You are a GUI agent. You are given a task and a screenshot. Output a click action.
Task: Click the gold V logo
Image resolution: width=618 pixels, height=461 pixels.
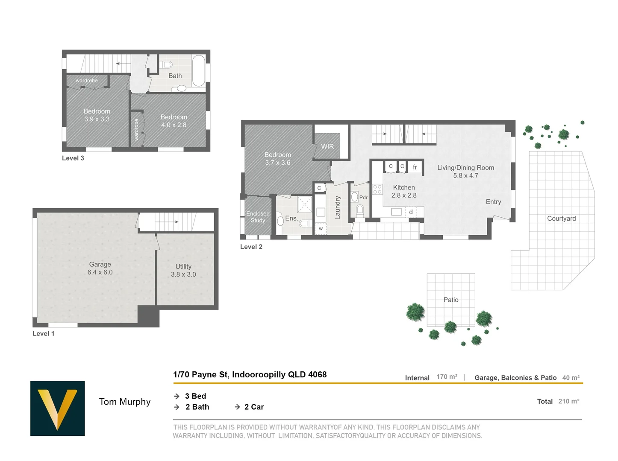(x=57, y=408)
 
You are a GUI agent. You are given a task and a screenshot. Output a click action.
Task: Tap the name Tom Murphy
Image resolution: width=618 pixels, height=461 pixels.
(x=125, y=402)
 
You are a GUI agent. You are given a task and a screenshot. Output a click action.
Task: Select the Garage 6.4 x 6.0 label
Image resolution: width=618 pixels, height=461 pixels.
(x=100, y=268)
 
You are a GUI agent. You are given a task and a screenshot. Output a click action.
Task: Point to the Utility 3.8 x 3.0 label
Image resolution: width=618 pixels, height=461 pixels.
(x=183, y=271)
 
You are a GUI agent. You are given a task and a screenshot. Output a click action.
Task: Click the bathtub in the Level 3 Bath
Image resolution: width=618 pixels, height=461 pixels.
(x=199, y=70)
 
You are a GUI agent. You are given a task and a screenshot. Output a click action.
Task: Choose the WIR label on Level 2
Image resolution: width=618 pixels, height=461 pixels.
(x=327, y=146)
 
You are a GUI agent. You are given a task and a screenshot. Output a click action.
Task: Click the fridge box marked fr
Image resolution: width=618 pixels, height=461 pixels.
(x=415, y=167)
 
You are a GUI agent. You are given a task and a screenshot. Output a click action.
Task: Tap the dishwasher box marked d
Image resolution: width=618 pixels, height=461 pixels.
(x=411, y=212)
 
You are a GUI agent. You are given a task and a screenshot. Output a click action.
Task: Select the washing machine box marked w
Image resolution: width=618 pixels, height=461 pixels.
(x=321, y=228)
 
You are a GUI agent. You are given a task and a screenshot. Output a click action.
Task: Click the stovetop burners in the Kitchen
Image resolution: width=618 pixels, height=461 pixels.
(x=377, y=190)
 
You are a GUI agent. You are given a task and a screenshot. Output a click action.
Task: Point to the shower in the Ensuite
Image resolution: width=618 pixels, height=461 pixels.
(x=305, y=204)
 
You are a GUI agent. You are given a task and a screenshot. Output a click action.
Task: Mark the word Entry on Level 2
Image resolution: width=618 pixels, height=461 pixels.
(x=493, y=202)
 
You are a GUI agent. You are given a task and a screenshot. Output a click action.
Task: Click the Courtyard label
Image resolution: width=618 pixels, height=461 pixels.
(x=562, y=219)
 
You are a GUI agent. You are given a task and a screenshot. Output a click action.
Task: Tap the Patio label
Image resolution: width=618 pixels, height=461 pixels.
(x=451, y=300)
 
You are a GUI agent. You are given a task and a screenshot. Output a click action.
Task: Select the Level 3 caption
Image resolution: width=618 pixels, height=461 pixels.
(x=73, y=158)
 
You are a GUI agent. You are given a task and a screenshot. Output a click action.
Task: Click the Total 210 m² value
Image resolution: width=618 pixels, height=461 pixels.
(x=569, y=401)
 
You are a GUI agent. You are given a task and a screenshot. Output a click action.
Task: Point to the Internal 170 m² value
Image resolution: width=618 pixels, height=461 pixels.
(x=447, y=377)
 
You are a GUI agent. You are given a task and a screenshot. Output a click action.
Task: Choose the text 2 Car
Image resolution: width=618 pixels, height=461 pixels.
(x=254, y=407)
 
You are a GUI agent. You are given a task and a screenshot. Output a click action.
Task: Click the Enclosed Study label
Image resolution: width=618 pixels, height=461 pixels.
(x=258, y=217)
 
